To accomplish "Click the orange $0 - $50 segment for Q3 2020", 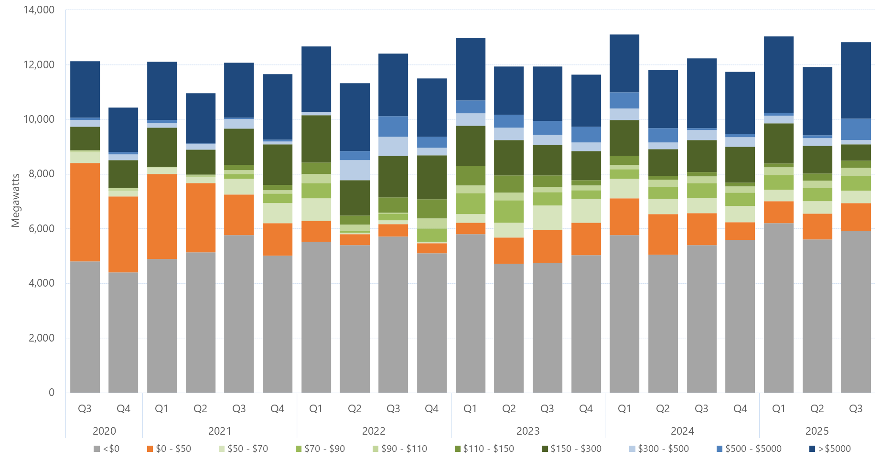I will click(85, 212).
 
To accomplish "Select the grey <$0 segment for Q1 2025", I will click(778, 308).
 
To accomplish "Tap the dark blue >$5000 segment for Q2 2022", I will click(355, 117).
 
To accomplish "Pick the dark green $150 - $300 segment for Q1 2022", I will click(316, 139).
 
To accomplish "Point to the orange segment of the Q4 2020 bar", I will click(123, 234).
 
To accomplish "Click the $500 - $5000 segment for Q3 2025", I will click(855, 129).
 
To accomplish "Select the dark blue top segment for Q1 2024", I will click(624, 63).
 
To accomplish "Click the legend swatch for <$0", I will click(97, 449).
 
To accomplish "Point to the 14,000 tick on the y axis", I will click(39, 10).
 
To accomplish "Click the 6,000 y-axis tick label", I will click(42, 228).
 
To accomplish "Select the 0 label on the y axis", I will click(52, 393).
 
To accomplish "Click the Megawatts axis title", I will click(16, 201).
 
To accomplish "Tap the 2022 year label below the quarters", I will click(374, 431).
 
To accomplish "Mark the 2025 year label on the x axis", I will click(817, 431).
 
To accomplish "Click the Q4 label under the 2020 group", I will click(123, 409).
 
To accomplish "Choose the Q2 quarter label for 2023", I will click(509, 409).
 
